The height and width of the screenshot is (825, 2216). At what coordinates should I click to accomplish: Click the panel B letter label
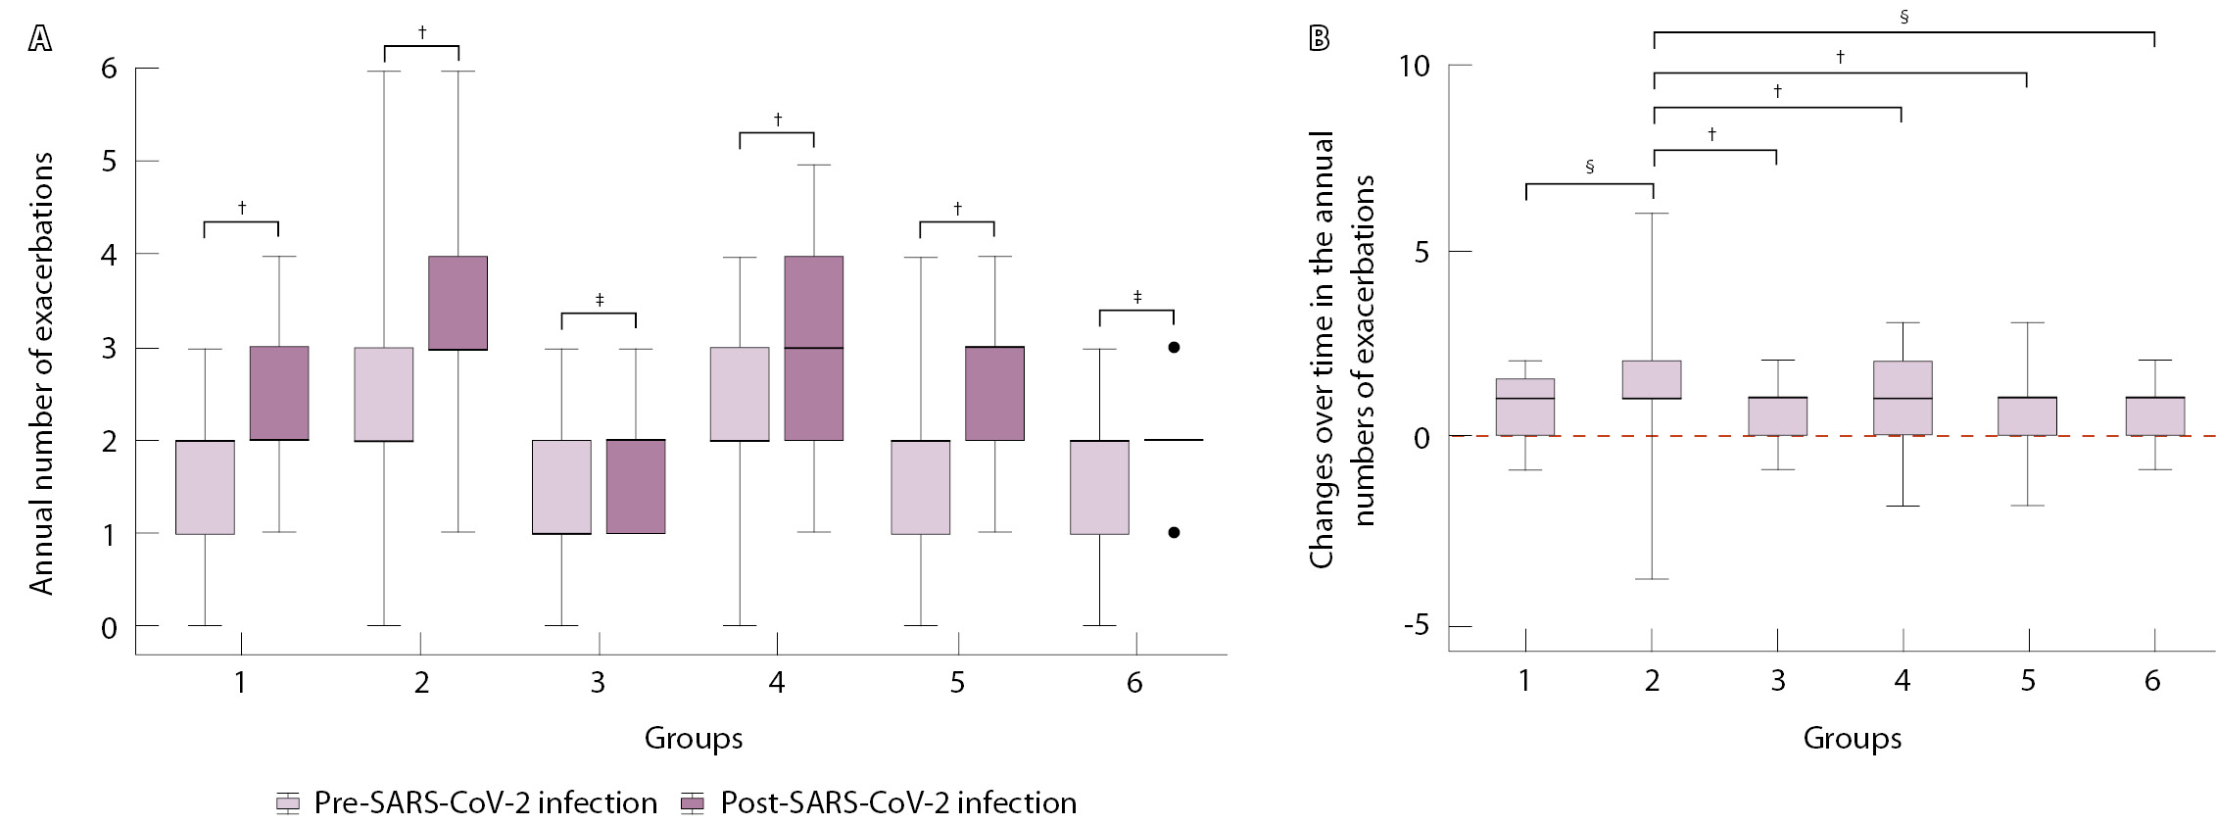(x=1320, y=38)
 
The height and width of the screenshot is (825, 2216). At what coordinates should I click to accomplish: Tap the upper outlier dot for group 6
(x=1174, y=347)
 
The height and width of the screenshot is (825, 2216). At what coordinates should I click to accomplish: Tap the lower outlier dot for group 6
(x=1174, y=533)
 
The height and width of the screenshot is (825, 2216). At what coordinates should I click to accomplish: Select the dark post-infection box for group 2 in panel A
(x=458, y=303)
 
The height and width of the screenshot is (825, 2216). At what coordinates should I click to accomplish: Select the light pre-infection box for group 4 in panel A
(x=740, y=394)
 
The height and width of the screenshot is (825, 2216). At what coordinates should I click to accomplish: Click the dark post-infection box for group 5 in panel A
(x=994, y=393)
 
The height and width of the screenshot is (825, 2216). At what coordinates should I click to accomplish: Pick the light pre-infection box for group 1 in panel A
(x=205, y=487)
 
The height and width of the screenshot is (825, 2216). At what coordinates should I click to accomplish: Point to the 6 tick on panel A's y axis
(x=109, y=69)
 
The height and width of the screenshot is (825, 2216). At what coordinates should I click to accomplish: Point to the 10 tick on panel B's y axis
(x=1416, y=66)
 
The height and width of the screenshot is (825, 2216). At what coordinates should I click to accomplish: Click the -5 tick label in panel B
(x=1416, y=626)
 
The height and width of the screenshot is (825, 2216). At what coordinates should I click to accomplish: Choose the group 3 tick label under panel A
(x=598, y=682)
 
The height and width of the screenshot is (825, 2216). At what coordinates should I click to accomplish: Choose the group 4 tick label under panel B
(x=1902, y=681)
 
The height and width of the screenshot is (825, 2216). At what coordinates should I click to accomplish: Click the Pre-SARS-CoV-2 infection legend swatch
(x=288, y=804)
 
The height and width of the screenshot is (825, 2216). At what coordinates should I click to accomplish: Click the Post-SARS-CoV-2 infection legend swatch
(x=693, y=804)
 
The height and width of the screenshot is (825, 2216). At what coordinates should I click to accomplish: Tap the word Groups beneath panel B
(x=1852, y=739)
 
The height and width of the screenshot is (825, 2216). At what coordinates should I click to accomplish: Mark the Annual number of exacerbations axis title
(x=41, y=372)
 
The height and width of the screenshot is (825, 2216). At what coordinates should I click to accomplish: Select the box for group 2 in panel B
(x=1652, y=379)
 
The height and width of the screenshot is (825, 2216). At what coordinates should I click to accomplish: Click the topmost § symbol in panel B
(x=1903, y=17)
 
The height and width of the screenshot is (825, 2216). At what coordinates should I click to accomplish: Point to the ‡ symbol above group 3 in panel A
(x=599, y=299)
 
